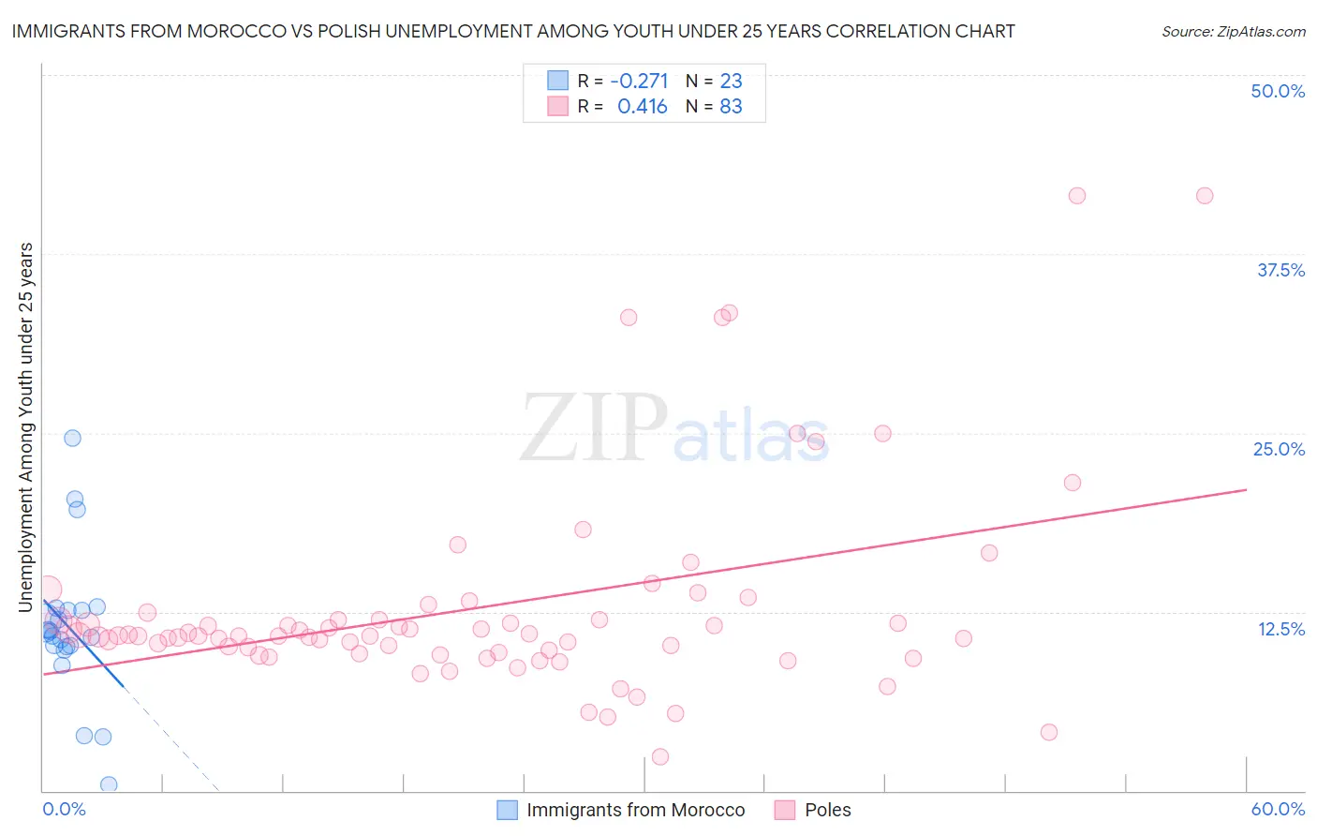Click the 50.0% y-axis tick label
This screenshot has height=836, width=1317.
coord(1278,91)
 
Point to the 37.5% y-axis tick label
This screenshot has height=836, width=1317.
coord(1280,270)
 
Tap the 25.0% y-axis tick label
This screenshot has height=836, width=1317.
coord(1279,449)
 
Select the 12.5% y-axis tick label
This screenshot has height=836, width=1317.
coord(1280,629)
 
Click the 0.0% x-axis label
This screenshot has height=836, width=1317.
coord(64,809)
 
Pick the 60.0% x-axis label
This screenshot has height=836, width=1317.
coord(1278,809)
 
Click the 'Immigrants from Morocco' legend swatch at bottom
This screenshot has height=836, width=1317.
coord(507,810)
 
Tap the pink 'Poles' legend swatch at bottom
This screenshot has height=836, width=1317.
coord(785,810)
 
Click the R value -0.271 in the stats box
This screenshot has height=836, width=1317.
coord(639,81)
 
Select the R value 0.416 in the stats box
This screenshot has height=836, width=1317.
coord(642,107)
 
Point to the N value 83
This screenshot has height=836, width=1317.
coord(731,107)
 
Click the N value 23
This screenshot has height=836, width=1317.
coord(731,81)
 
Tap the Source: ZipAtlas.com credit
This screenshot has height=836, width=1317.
coord(1233,31)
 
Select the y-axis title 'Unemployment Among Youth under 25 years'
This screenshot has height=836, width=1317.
coord(26,427)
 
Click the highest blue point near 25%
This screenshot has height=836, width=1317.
coord(72,438)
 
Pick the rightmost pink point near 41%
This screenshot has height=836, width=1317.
coord(1205,196)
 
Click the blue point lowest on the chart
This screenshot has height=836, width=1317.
coord(109,784)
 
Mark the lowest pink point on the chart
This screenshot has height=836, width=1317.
coord(660,756)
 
